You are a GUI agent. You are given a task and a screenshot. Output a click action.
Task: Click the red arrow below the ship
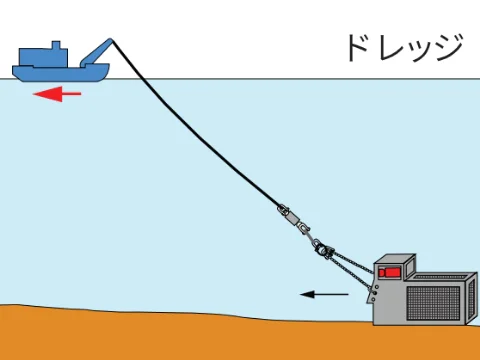pos(56,94)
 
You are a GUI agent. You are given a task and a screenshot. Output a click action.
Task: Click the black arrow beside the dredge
pos(325,294)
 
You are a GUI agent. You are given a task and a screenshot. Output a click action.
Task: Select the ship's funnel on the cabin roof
pos(56,46)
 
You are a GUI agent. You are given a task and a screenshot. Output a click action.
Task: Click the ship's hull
pos(60,72)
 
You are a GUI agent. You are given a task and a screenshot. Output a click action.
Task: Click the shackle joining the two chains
pos(321,246)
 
